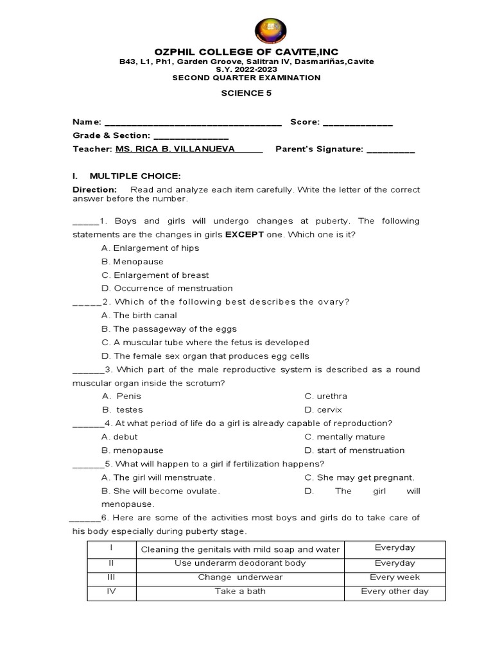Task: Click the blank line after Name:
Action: click(193, 123)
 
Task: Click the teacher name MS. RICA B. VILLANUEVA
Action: click(175, 149)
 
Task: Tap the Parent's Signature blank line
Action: click(390, 151)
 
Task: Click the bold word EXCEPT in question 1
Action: click(245, 235)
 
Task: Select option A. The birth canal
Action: click(139, 316)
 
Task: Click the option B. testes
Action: click(123, 410)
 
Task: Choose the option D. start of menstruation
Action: click(354, 450)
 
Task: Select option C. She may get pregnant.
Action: click(359, 477)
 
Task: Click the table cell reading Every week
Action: click(394, 577)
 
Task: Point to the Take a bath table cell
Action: click(240, 592)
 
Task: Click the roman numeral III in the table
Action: click(111, 577)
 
